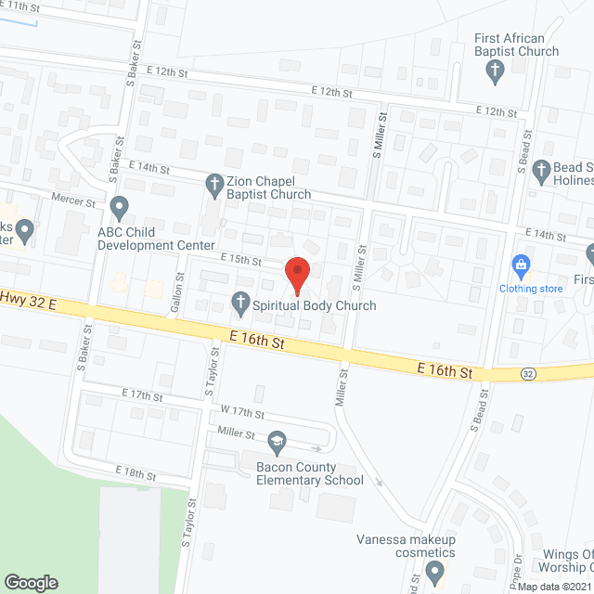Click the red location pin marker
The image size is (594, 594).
click(x=297, y=271)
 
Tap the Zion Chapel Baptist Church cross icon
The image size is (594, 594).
click(x=214, y=183)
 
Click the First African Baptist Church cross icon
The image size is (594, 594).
click(x=496, y=70)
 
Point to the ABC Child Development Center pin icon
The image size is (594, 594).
click(x=119, y=205)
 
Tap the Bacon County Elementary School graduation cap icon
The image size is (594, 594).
click(x=276, y=439)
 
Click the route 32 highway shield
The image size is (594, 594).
click(x=527, y=373)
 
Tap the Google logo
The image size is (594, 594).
click(x=31, y=582)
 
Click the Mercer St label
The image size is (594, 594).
click(x=77, y=200)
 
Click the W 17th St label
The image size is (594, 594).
click(x=242, y=413)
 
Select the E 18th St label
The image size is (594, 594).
click(x=136, y=474)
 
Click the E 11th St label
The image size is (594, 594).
click(x=23, y=6)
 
